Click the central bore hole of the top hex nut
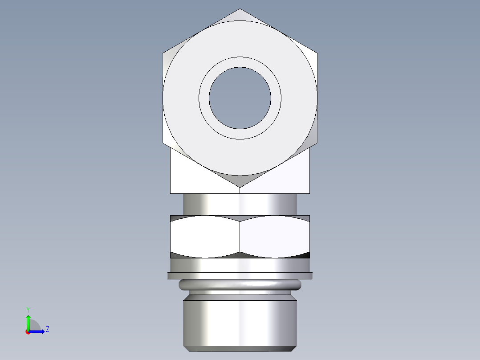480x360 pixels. click(x=240, y=98)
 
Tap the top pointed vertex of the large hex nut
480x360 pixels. click(x=240, y=9)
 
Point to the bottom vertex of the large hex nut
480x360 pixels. click(x=240, y=187)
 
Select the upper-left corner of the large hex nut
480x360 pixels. click(x=163, y=53)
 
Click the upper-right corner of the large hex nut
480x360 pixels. click(x=317, y=53)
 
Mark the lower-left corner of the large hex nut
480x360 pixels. click(x=163, y=143)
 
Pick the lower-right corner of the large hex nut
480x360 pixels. click(x=317, y=143)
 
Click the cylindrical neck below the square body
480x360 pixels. click(x=240, y=204)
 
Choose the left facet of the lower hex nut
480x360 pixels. click(x=205, y=236)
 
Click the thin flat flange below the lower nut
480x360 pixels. click(x=240, y=276)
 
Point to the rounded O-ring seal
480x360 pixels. click(x=240, y=285)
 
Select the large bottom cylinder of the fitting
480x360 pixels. click(x=240, y=323)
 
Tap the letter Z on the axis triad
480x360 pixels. click(x=47, y=329)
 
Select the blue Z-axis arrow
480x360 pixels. click(x=38, y=331)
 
